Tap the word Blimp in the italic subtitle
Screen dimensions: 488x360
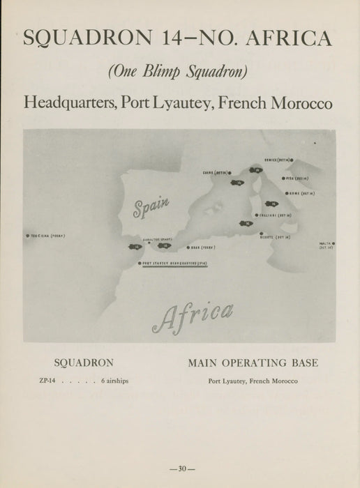(x=179, y=71)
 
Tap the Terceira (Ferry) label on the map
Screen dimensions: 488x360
(x=47, y=236)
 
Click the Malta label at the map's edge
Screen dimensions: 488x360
(x=326, y=245)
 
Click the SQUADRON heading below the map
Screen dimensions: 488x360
(x=84, y=363)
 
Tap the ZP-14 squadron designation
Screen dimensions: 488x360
(x=49, y=381)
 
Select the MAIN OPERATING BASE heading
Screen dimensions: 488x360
(x=253, y=363)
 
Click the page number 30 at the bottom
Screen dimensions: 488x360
(x=180, y=468)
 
